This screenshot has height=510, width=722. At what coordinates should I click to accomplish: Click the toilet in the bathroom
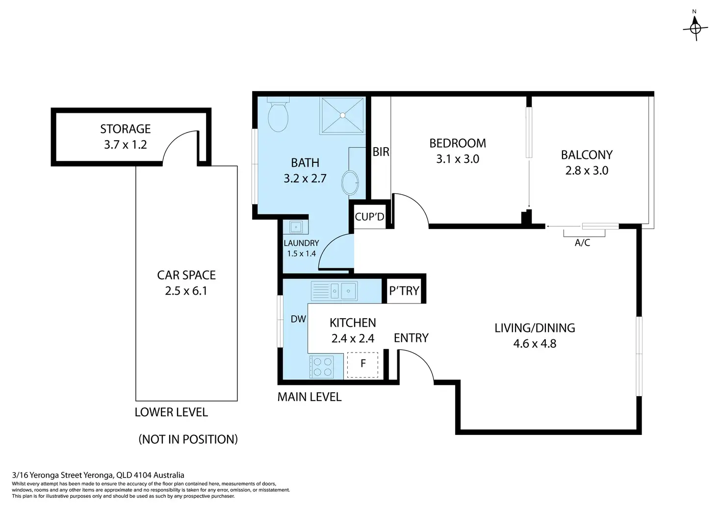(x=278, y=115)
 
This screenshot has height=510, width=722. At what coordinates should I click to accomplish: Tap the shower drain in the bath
(x=343, y=115)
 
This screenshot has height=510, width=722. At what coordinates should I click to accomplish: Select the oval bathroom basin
(x=350, y=183)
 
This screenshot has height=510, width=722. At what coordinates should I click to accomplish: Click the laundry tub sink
(x=296, y=227)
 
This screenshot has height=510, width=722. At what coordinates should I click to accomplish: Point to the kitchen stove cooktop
(x=321, y=367)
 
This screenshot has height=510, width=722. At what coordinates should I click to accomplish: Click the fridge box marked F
(x=362, y=365)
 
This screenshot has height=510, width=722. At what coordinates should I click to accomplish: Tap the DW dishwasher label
(x=298, y=319)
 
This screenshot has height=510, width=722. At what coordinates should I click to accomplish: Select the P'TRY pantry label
(x=404, y=291)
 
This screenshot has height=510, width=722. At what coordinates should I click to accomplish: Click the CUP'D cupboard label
(x=369, y=216)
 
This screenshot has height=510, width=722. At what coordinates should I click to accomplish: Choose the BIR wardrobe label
(x=381, y=152)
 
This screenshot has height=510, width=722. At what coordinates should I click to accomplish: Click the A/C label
(x=582, y=243)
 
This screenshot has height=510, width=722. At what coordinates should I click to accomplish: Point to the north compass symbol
(x=695, y=28)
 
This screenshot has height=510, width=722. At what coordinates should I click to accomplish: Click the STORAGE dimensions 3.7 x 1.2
(x=126, y=145)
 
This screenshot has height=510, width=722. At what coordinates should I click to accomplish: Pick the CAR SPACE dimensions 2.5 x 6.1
(x=186, y=291)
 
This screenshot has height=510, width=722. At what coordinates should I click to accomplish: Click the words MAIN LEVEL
(x=309, y=397)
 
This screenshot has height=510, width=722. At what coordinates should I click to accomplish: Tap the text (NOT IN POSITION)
(x=188, y=439)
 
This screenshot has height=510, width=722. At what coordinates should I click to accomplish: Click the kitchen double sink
(x=334, y=291)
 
